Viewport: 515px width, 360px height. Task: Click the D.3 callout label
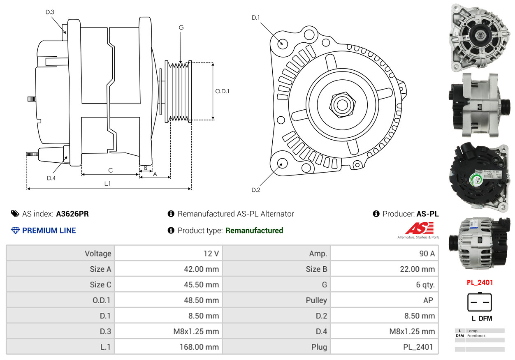[x=50, y=12]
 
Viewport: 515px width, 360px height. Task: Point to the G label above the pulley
[x=181, y=28]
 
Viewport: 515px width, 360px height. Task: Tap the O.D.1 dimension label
[x=222, y=91]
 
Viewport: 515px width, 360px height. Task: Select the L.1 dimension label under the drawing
[x=107, y=183]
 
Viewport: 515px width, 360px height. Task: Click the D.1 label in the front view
[x=256, y=17]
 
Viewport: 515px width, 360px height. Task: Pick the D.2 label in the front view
[x=256, y=190]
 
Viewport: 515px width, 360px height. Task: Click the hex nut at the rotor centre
[x=342, y=105]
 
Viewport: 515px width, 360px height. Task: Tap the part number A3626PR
[x=72, y=214]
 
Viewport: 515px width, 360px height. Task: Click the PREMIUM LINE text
[x=49, y=231]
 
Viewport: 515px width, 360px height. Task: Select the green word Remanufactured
[x=254, y=231]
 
